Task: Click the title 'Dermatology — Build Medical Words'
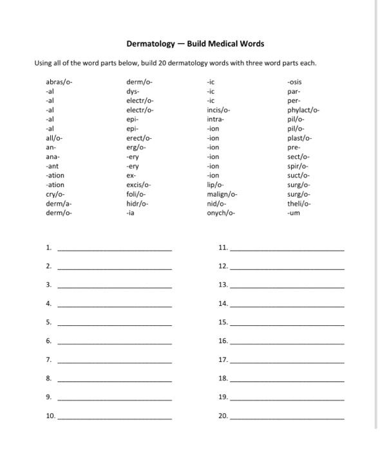(195, 44)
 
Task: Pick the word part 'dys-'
(133, 91)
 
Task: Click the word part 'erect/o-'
(139, 138)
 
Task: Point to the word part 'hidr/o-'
(137, 203)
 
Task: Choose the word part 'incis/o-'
(218, 110)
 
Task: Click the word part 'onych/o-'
(221, 213)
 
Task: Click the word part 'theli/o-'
(299, 203)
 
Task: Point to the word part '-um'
(293, 213)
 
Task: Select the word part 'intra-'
(215, 120)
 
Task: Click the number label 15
(223, 322)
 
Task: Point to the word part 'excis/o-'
(138, 184)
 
